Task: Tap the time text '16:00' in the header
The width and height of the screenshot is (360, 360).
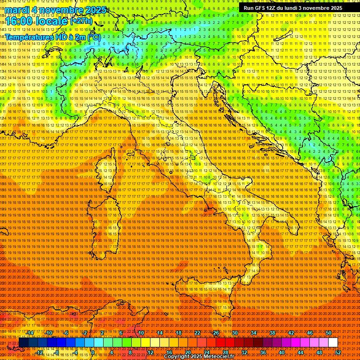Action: coord(21,21)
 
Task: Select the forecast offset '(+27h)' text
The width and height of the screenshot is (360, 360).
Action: coord(81,21)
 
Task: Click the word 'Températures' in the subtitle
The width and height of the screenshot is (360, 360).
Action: coord(29,37)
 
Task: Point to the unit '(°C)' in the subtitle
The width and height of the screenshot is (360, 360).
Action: coord(93,37)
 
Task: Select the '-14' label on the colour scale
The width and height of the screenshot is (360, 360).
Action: coord(31,333)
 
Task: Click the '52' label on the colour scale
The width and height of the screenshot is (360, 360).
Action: coord(338,352)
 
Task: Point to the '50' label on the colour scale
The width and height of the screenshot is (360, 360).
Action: coord(329,333)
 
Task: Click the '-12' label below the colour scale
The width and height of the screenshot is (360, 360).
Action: coord(40,352)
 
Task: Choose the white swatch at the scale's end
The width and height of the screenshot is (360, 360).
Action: coord(333,343)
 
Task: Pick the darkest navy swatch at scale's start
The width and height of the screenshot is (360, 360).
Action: coord(23,343)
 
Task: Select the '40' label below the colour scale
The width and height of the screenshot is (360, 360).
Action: coord(282,352)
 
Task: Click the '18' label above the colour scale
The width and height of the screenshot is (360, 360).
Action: coord(179,333)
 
